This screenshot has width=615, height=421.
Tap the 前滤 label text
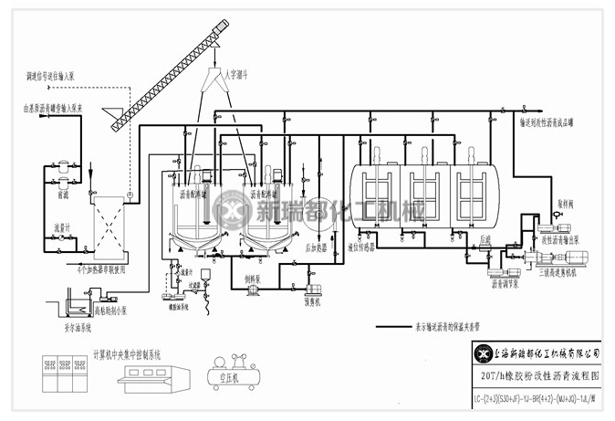tap(62, 195)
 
